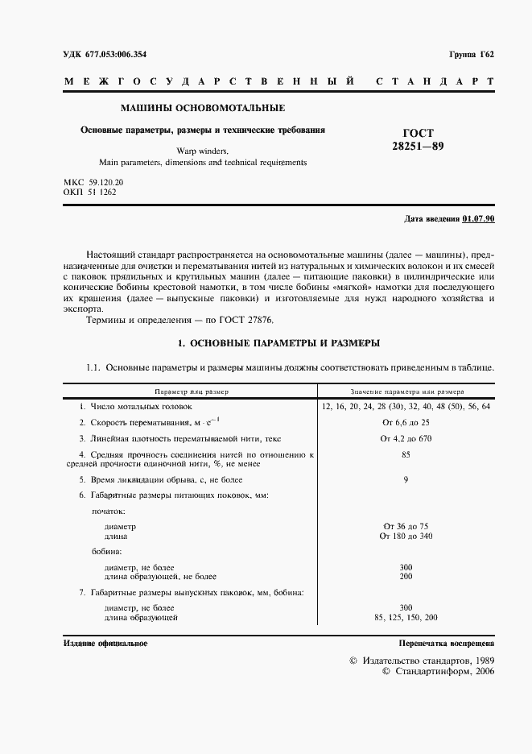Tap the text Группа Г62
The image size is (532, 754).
point(472,55)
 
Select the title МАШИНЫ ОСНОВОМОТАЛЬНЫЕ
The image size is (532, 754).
point(202,107)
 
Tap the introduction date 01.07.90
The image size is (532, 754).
point(478,219)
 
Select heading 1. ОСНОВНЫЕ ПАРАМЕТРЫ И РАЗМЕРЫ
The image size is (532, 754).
point(278,343)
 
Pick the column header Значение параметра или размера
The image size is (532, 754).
point(406,391)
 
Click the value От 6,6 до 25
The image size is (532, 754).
point(406,422)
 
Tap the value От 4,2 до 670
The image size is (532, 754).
point(406,438)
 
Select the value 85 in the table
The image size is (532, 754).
point(406,455)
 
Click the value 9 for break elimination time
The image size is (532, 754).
point(406,480)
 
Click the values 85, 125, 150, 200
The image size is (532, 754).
point(406,617)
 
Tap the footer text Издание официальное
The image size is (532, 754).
point(105,644)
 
